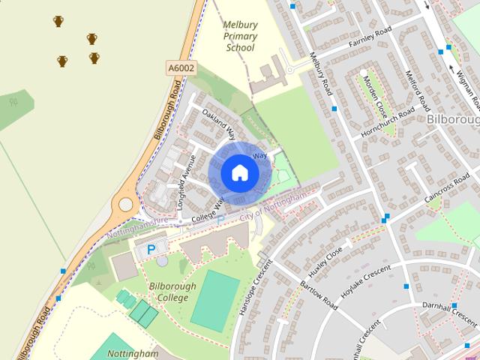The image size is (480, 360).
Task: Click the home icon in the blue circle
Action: pos(239,172)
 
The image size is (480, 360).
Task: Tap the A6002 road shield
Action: pos(180,68)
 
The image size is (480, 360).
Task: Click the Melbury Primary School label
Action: pos(240,36)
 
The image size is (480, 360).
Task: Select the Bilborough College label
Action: pos(172,292)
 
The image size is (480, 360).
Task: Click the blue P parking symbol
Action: pos(151,249)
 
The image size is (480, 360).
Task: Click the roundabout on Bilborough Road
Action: pos(124,203)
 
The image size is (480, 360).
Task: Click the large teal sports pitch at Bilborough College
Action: pos(214,300)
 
